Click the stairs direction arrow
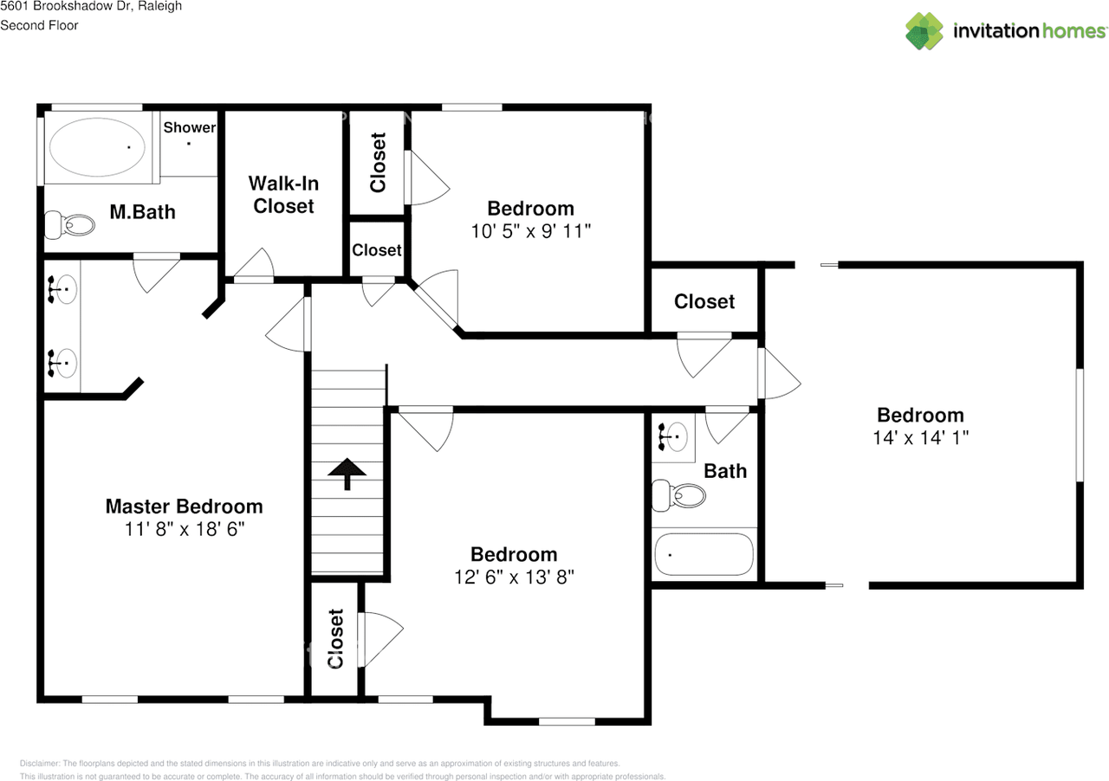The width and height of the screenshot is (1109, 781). (347, 474)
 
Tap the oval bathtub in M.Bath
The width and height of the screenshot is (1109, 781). (97, 147)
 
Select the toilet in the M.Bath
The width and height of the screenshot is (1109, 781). (69, 225)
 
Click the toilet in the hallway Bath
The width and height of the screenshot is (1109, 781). (678, 495)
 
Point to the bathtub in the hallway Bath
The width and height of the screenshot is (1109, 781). (704, 554)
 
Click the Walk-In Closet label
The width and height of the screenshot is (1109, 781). (283, 195)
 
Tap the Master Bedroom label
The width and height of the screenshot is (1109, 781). (185, 507)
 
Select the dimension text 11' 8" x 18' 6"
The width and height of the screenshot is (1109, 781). (185, 529)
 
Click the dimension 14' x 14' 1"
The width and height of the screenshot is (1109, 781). (920, 437)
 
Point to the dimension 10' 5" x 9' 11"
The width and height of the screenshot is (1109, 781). (531, 231)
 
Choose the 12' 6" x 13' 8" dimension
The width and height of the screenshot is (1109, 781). (514, 577)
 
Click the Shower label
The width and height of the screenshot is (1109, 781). (190, 127)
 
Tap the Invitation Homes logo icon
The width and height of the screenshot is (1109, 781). (924, 31)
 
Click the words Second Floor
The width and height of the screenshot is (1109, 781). (39, 25)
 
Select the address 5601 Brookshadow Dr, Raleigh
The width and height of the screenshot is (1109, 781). (91, 6)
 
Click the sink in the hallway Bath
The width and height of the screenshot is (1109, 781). (673, 437)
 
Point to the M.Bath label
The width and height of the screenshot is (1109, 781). (143, 212)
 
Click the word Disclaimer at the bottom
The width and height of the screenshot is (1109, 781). (40, 763)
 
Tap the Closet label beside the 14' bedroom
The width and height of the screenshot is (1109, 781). (704, 301)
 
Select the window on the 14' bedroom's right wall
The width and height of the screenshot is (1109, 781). (1080, 424)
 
